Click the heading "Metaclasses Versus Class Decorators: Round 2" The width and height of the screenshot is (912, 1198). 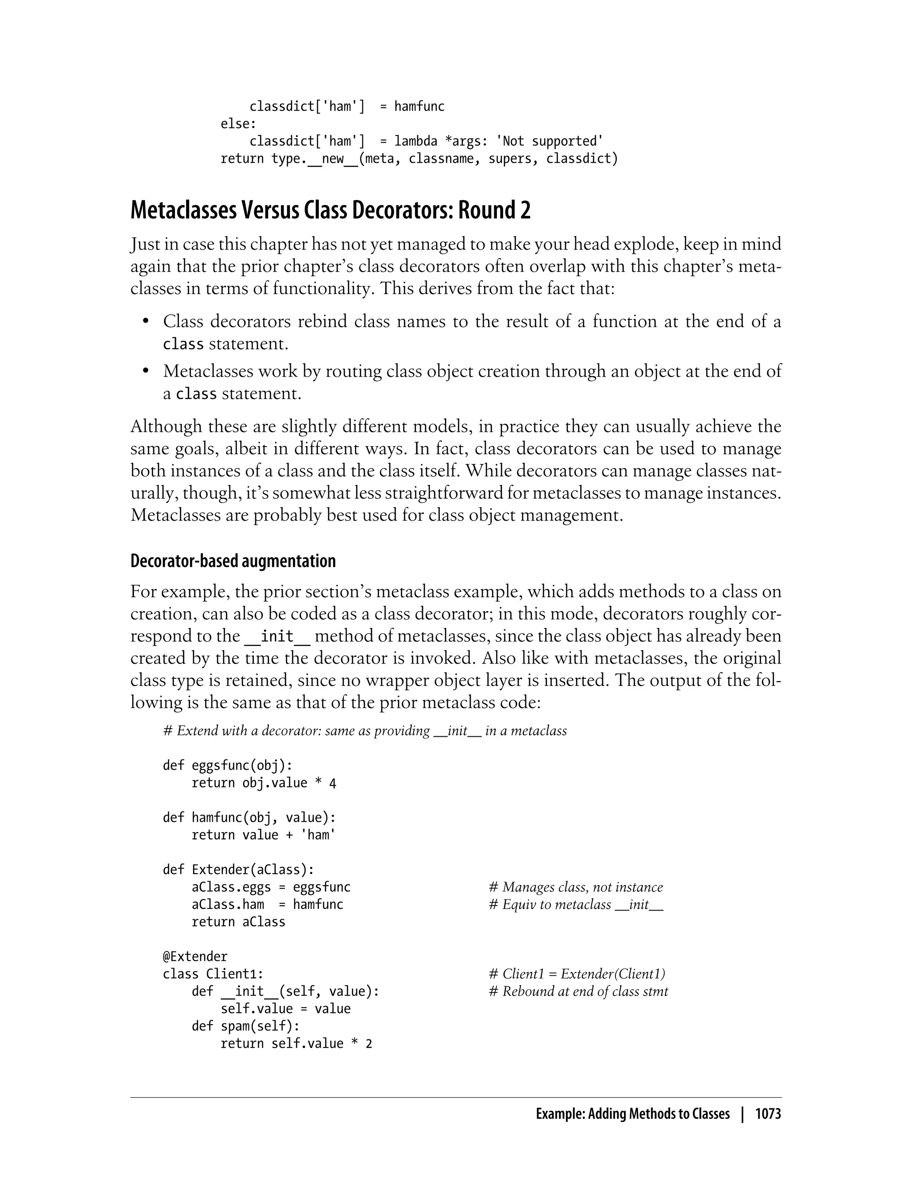point(330,210)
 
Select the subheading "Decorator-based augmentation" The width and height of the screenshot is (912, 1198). point(233,561)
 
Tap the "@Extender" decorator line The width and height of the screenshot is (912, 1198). point(195,956)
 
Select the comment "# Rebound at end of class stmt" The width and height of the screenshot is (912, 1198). point(578,991)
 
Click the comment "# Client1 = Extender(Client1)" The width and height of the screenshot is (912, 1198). point(577,974)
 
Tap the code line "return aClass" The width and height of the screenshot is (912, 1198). point(238,922)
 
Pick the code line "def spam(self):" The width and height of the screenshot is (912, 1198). point(245,1026)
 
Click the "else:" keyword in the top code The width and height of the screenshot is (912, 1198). point(238,124)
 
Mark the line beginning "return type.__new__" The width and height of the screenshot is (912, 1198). point(419,159)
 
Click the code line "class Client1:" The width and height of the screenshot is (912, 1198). point(213,974)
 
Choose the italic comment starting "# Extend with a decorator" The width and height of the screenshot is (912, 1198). point(365,731)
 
